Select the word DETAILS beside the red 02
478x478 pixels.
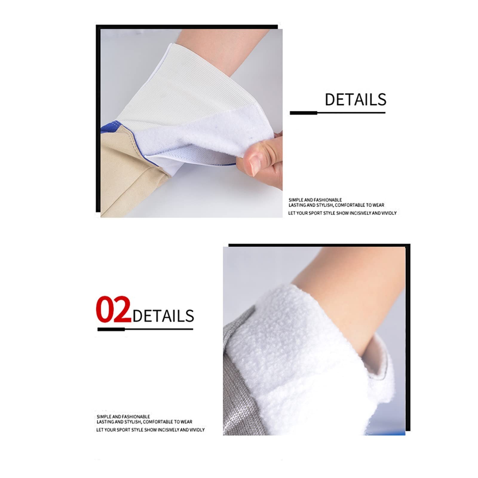pyautogui.click(x=163, y=316)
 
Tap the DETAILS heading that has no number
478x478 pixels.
pyautogui.click(x=355, y=99)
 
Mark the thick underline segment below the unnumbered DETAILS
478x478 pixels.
pyautogui.click(x=303, y=113)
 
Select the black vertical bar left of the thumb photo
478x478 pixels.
pyautogui.click(x=97, y=119)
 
